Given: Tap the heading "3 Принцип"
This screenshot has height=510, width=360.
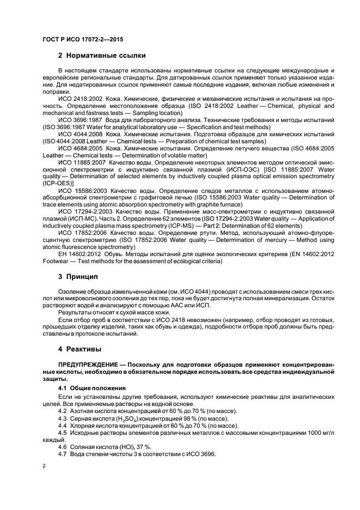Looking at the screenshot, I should click(81, 277).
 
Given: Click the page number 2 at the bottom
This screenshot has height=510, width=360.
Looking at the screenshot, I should click(44, 466).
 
